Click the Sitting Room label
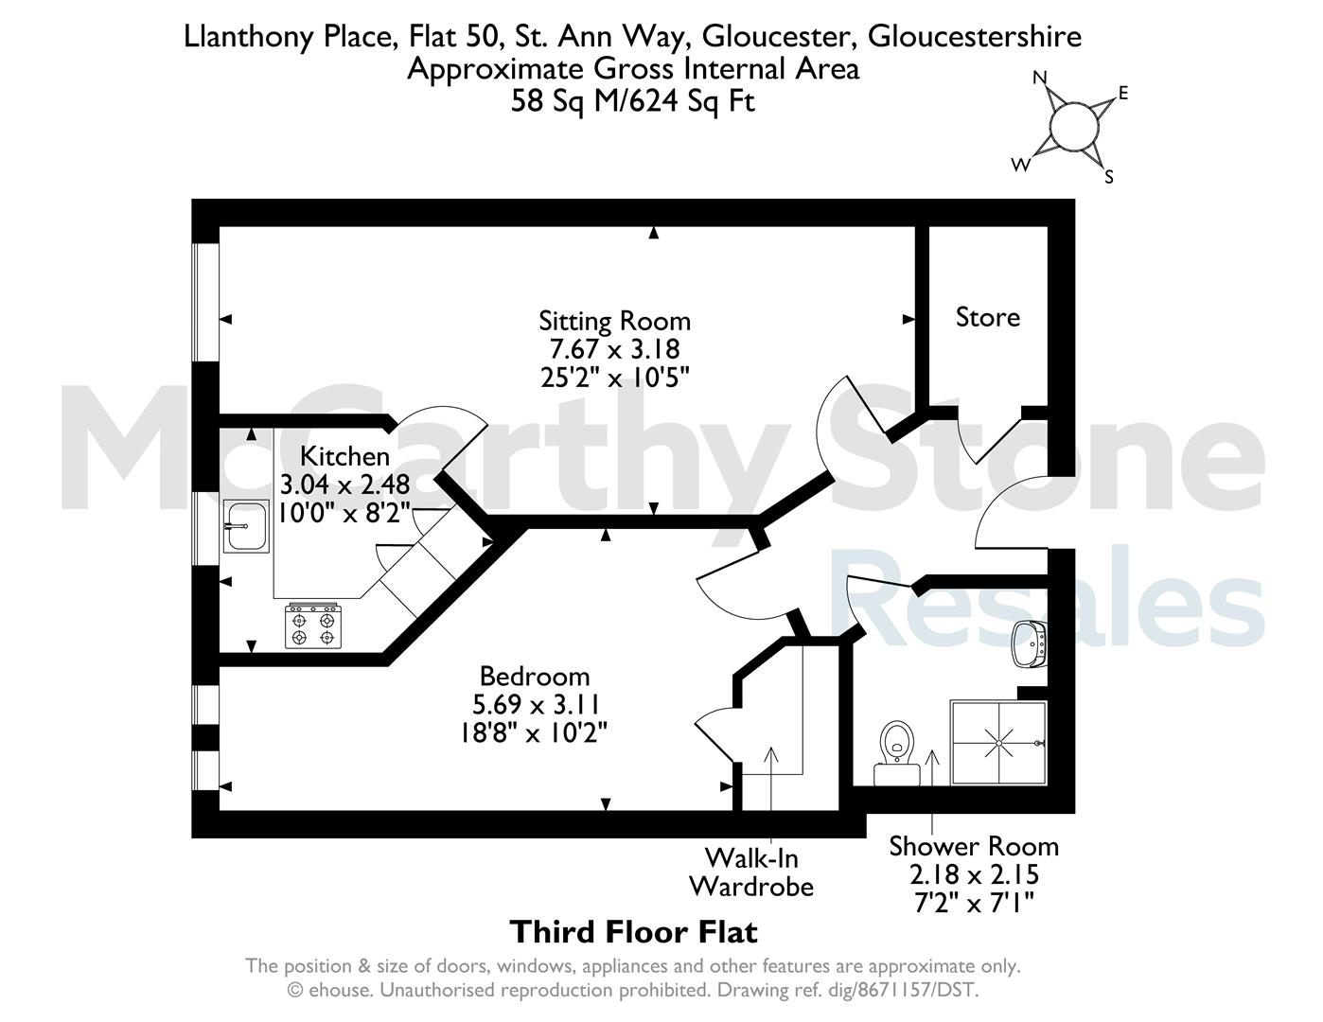(x=614, y=322)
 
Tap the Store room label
(x=988, y=317)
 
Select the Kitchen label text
(x=344, y=456)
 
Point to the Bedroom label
(x=535, y=677)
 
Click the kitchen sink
(x=246, y=526)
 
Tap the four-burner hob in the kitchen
(x=313, y=626)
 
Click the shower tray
(x=998, y=743)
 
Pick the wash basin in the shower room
(x=1030, y=644)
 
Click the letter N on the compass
(x=1040, y=78)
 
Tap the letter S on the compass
(x=1109, y=177)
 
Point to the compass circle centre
(x=1074, y=127)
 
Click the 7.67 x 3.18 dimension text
(x=614, y=349)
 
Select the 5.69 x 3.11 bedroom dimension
(x=536, y=705)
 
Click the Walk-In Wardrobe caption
(x=751, y=872)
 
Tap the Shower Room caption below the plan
(x=974, y=846)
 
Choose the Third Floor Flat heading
(x=634, y=932)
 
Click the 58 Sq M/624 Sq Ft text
(x=632, y=100)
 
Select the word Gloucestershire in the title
(x=974, y=37)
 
